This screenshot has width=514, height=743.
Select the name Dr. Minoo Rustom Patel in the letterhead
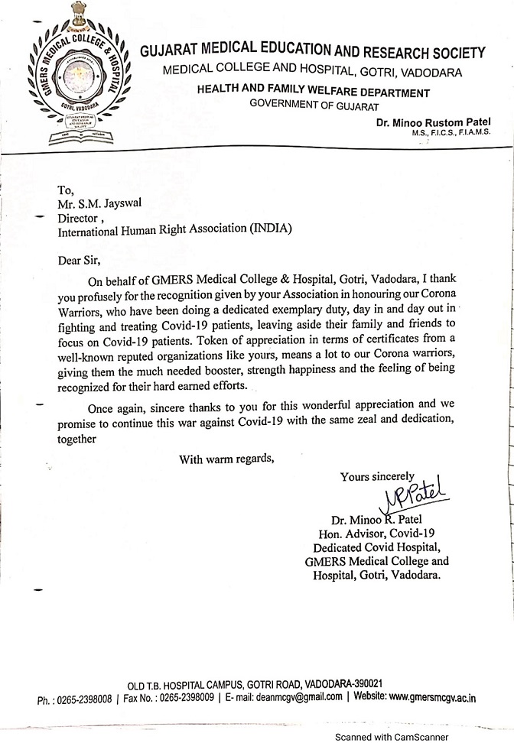pos(433,122)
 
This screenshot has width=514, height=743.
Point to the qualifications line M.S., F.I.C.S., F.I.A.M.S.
pos(450,133)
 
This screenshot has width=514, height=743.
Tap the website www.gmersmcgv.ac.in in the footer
pos(431,697)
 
